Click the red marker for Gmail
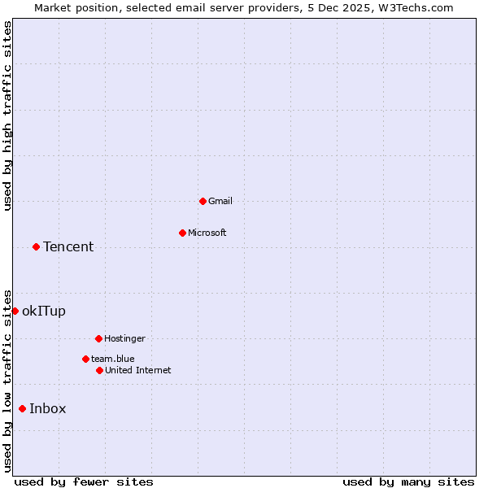tap(203, 201)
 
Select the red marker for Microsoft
tap(182, 233)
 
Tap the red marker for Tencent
tap(36, 246)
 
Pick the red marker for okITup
tap(15, 311)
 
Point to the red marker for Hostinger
tap(98, 338)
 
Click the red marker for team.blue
tap(85, 359)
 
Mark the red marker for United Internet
tap(99, 370)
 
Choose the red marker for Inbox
tap(22, 408)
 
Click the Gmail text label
tap(220, 201)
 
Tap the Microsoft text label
tap(207, 233)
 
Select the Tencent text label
tap(68, 246)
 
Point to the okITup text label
tap(44, 311)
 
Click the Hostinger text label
tap(124, 338)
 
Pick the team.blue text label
tap(113, 359)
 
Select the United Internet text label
tap(138, 370)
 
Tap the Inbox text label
tap(48, 408)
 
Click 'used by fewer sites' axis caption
tap(84, 481)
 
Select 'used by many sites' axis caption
tap(408, 481)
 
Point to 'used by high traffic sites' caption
tap(8, 116)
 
